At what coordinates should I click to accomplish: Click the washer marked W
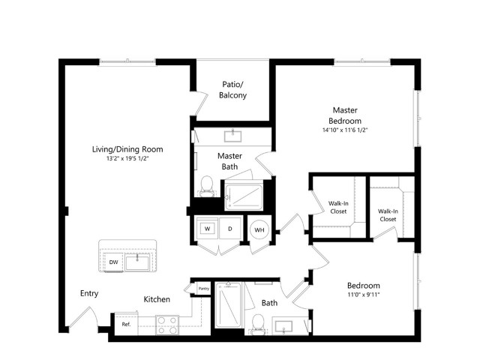tap(208, 228)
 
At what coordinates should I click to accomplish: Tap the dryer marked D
tap(230, 228)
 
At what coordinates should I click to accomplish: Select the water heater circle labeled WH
tap(259, 229)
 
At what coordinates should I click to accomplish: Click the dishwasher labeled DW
tap(113, 262)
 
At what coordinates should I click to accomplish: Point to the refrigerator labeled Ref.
tap(127, 324)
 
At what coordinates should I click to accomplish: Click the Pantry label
tap(204, 288)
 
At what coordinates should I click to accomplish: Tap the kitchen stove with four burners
tap(167, 325)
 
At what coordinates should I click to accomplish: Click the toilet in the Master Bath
tap(207, 186)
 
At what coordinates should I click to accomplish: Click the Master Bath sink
tap(233, 136)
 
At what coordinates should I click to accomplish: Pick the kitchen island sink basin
tap(137, 262)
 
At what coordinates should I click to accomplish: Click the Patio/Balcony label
tap(233, 90)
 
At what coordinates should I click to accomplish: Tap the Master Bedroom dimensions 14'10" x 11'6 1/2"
tap(345, 130)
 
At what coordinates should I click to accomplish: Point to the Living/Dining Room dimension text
tap(127, 158)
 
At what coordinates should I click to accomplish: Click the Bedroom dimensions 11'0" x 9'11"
tap(364, 295)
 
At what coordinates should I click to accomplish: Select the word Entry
tap(89, 293)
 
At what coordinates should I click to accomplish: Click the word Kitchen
tap(157, 299)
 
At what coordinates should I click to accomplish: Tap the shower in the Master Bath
tap(244, 196)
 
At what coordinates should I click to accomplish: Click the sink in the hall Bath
tap(283, 326)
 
